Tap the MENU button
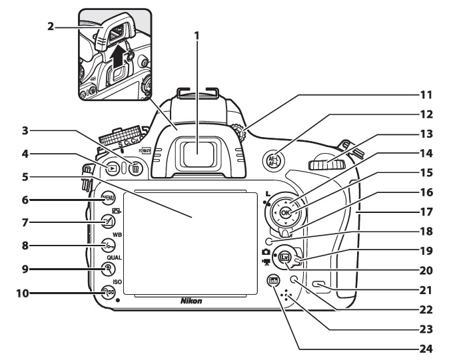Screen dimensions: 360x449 [108, 200]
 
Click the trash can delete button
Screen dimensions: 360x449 [136, 169]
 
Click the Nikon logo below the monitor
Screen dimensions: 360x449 [192, 301]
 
